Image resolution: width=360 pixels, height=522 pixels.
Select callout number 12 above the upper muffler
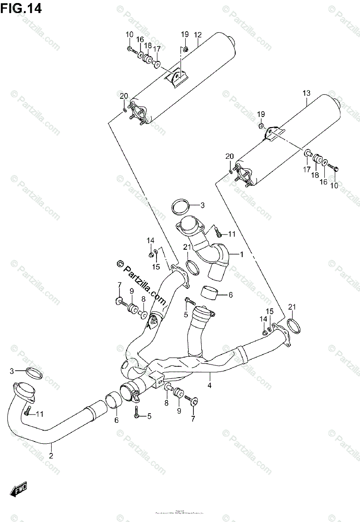point(198,34)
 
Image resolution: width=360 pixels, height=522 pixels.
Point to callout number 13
point(307,93)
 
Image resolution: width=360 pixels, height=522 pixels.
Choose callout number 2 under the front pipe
point(51,456)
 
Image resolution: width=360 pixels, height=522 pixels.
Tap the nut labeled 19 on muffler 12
point(185,49)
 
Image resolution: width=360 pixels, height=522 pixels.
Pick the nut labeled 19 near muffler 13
point(261,126)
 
